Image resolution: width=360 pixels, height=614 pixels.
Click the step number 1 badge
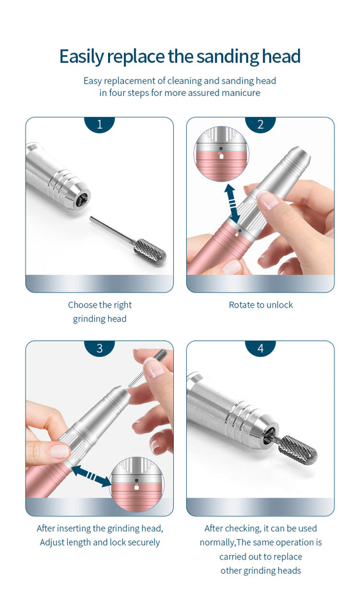99,125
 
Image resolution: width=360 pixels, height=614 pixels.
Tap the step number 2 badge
260,125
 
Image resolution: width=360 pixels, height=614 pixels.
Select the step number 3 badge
99,349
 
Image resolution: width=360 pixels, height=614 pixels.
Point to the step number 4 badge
260,349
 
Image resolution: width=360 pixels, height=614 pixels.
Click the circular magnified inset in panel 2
221,154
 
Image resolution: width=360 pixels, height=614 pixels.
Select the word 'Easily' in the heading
81,56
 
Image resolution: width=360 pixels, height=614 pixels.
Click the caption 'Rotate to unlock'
260,305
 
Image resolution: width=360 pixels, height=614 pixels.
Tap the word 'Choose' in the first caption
82,305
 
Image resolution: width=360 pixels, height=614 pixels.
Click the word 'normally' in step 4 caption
218,542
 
